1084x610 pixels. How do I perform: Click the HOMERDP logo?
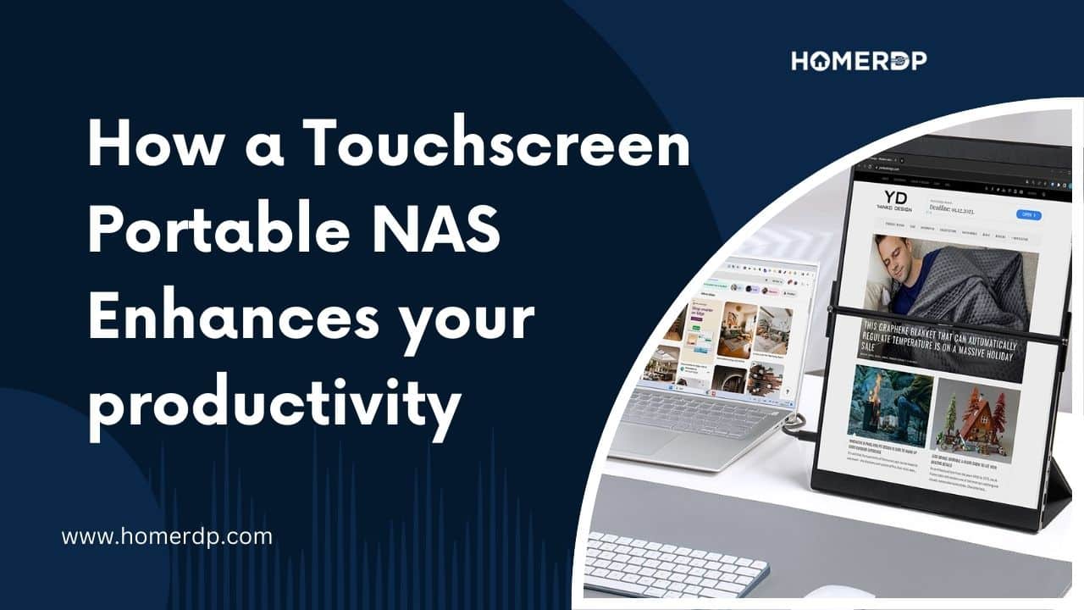pos(859,60)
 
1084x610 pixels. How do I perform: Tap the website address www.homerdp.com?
pos(167,536)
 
